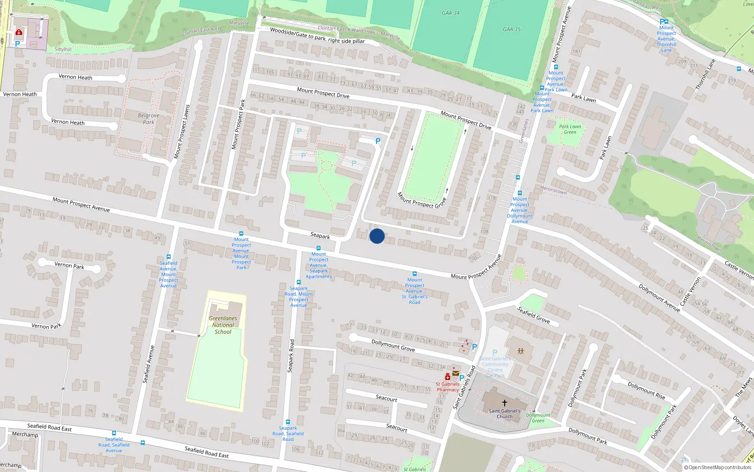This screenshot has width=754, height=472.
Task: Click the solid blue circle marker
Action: coord(377,236)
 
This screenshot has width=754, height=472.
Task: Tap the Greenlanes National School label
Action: coord(223,325)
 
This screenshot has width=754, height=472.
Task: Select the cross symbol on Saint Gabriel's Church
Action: coord(504,403)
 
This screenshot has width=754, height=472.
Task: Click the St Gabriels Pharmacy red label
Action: coord(447,387)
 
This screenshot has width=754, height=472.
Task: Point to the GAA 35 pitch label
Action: coord(511,29)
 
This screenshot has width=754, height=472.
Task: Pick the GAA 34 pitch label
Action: coord(451,13)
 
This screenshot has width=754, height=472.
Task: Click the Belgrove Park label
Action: coord(148,118)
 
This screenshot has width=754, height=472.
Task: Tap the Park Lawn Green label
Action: coord(570,129)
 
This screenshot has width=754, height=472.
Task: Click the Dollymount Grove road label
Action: coord(393,346)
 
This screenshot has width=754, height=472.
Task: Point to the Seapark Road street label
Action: coord(291,355)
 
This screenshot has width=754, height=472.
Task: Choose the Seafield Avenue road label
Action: coord(148,364)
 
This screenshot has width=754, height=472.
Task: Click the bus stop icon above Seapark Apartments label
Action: coord(319,248)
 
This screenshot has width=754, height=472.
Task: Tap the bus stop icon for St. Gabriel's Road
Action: coord(415,274)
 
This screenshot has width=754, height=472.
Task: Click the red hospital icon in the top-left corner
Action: coord(19,32)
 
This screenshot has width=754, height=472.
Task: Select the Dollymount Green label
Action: coord(538,418)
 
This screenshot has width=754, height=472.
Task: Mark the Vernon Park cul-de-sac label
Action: coord(69,265)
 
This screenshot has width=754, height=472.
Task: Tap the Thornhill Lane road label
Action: coord(705,74)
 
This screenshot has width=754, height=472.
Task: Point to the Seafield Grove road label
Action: coord(533,315)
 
